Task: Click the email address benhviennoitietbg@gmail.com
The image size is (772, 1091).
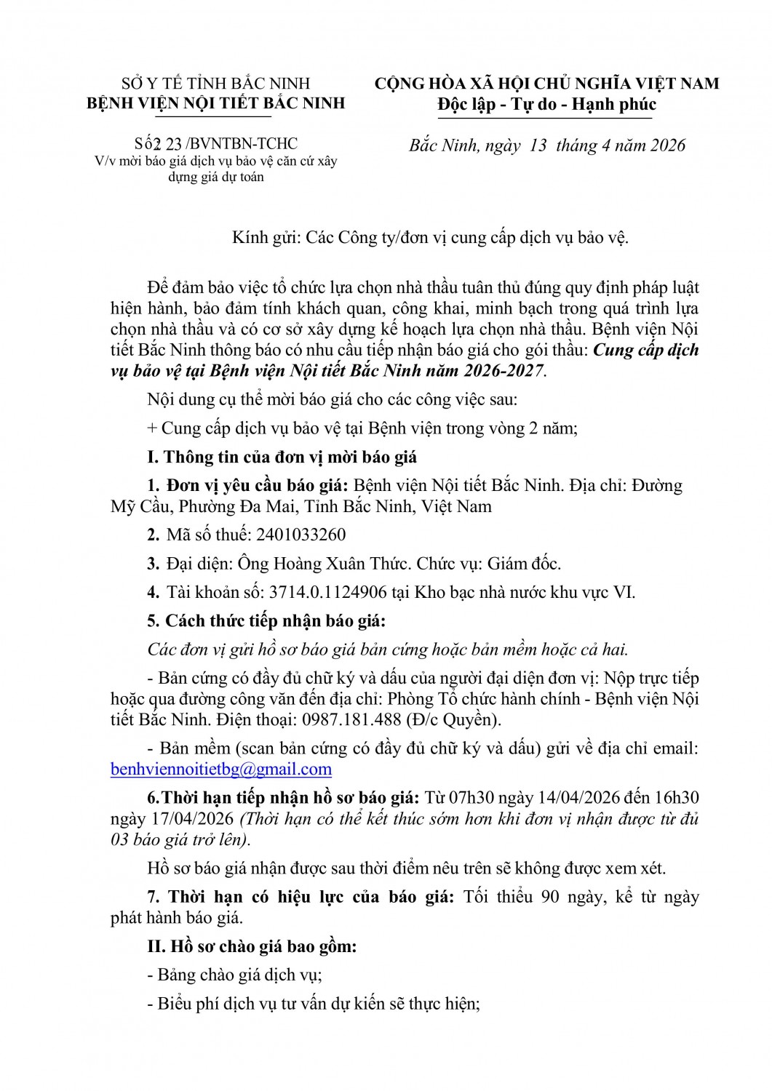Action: pos(221,769)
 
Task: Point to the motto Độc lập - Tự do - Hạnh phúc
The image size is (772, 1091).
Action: pos(546,105)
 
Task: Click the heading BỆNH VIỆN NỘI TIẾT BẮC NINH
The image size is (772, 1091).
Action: pos(216,103)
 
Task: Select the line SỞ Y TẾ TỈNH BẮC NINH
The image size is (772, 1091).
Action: pos(216,83)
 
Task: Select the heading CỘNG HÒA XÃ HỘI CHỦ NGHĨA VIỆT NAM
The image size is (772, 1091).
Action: pos(546,84)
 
